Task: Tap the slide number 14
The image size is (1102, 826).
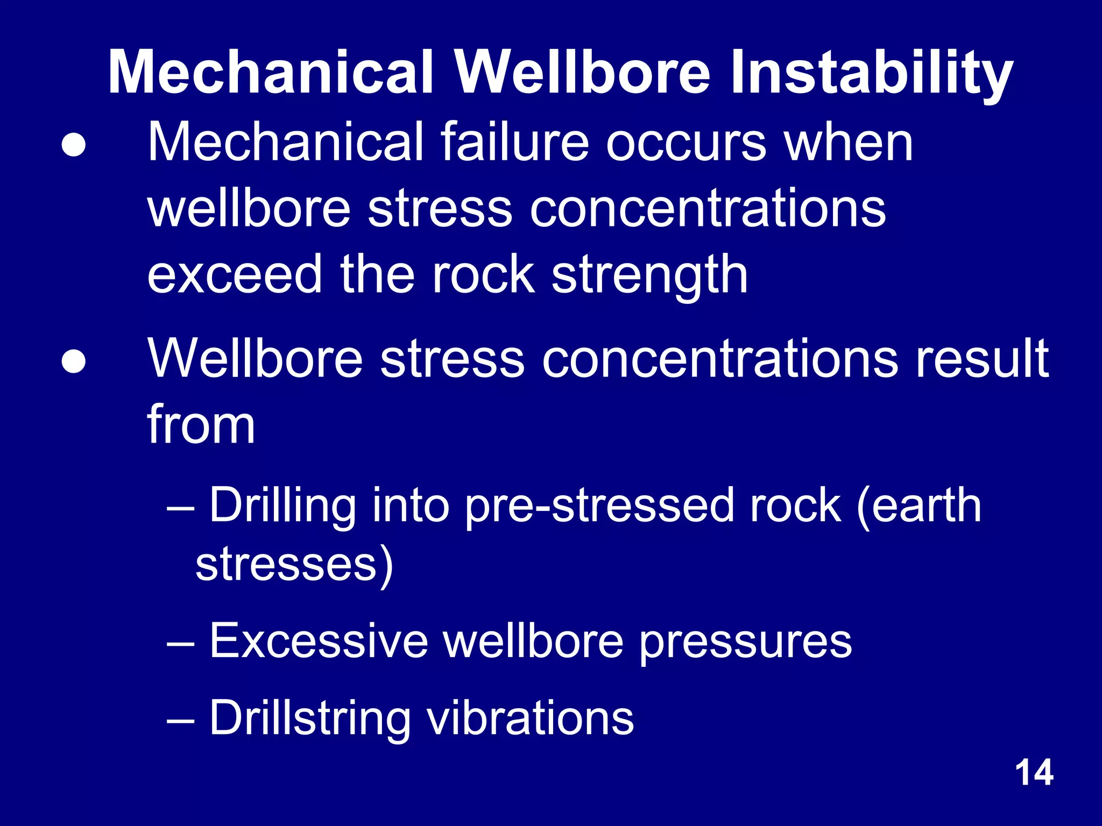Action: pyautogui.click(x=1034, y=773)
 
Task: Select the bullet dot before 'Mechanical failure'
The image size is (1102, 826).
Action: pyautogui.click(x=73, y=145)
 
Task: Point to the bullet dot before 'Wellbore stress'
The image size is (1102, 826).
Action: pyautogui.click(x=73, y=361)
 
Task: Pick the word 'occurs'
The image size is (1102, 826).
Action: pyautogui.click(x=686, y=143)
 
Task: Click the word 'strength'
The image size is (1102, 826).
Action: pyautogui.click(x=649, y=275)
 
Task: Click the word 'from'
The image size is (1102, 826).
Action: pyautogui.click(x=201, y=424)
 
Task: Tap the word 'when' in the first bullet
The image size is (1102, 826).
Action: pyautogui.click(x=849, y=142)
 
